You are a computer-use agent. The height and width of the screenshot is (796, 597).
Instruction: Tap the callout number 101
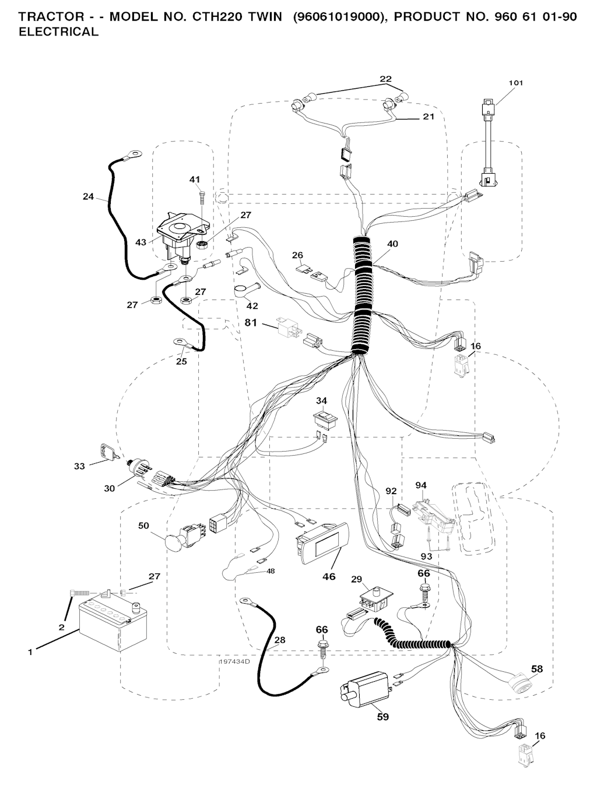[x=515, y=83]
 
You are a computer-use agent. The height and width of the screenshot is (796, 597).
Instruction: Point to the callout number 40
[x=392, y=244]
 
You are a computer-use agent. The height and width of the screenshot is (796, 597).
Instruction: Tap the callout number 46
[x=329, y=577]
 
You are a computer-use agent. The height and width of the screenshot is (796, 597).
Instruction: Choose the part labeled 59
[x=364, y=689]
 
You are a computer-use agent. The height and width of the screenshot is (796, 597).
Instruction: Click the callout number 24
[x=88, y=197]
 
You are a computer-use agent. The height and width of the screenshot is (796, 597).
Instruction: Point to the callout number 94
[x=421, y=485]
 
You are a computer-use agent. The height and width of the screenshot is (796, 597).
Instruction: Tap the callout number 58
[x=536, y=669]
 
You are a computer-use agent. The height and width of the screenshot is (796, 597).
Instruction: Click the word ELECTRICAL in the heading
[x=59, y=32]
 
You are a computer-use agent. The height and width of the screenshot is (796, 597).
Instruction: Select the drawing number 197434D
[x=234, y=662]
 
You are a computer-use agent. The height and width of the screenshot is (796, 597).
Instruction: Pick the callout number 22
[x=385, y=79]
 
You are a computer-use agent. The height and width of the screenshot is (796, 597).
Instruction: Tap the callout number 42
[x=252, y=305]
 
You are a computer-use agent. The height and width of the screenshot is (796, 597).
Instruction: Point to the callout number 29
[x=357, y=579]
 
